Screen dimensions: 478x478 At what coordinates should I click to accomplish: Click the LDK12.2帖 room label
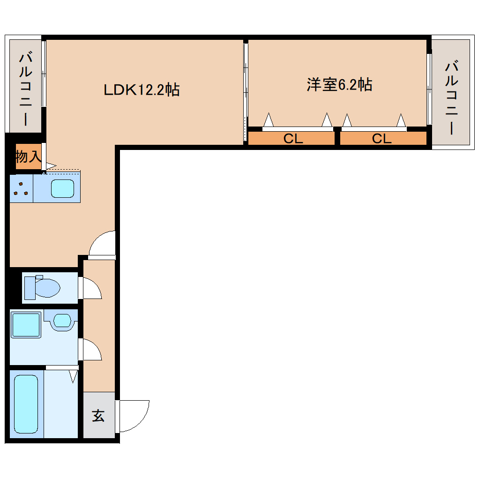141,90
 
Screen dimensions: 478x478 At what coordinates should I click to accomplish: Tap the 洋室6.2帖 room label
339,85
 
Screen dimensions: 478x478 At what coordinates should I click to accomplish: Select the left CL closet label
293,139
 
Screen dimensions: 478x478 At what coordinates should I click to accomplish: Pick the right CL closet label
381,139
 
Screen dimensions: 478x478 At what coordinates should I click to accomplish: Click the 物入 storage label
28,157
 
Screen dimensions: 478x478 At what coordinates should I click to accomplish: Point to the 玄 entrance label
98,416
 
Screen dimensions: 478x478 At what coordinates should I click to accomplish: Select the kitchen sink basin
62,188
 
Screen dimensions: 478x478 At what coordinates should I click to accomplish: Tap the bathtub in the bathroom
26,404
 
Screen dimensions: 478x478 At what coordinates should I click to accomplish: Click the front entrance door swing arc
134,415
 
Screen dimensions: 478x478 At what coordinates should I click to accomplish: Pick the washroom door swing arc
91,350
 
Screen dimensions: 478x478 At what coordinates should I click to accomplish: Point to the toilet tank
30,287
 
